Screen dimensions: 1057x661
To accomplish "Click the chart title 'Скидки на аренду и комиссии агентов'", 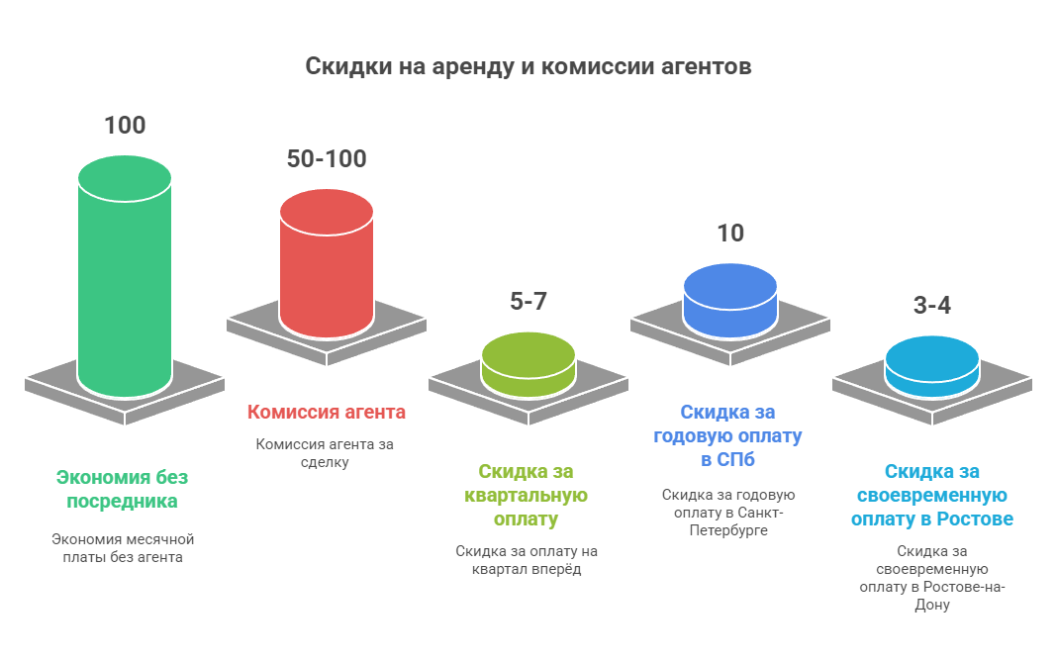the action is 528,66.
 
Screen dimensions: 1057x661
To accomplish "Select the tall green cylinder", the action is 125,276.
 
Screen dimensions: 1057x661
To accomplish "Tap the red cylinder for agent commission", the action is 327,263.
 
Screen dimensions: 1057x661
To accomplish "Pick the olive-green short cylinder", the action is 528,364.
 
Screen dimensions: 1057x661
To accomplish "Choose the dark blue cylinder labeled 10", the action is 730,301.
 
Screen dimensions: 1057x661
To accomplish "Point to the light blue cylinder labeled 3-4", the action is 931,367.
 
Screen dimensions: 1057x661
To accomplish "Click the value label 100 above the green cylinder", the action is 125,126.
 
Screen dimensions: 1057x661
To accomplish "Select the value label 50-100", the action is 327,159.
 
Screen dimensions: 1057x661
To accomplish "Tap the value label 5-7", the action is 528,301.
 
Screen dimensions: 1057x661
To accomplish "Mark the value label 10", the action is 730,234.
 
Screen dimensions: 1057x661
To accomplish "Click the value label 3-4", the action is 931,305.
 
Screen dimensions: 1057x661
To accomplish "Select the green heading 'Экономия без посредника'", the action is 122,489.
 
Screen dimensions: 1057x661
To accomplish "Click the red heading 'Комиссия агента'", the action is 327,412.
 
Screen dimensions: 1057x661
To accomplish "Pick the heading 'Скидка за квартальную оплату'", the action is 526,495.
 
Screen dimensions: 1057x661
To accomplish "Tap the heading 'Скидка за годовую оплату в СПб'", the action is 728,436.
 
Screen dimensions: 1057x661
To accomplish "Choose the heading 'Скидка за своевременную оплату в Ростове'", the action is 931,495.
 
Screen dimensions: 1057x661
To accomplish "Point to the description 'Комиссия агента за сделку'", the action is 325,453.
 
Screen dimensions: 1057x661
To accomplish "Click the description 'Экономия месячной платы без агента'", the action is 123,548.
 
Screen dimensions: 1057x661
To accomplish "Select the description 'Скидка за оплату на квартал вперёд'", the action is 527,560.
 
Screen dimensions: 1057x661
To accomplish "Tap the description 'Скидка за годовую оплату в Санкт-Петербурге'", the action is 728,513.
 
